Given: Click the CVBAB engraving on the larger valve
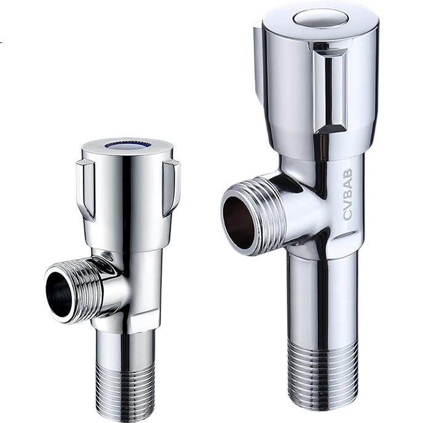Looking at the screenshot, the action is [x=348, y=194].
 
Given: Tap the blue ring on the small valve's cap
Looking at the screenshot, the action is [x=127, y=146].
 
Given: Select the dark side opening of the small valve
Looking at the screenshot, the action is [x=60, y=293].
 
